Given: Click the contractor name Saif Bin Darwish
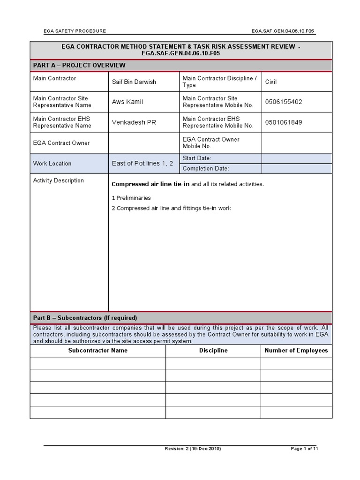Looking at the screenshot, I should tap(134, 82).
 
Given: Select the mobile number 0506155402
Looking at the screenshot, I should tap(284, 102).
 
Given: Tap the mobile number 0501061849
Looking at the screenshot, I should tap(284, 122).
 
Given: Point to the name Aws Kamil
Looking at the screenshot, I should tap(127, 102).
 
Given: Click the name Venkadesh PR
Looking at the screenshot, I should tap(134, 122).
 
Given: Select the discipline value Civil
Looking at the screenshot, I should tap(271, 82).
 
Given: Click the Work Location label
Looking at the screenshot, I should tap(52, 164).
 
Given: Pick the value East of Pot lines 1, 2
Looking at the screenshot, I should tap(142, 164).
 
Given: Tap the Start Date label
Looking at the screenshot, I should tap(197, 158).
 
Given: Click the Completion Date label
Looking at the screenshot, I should tap(206, 169).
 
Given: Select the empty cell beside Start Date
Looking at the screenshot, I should tap(296, 158).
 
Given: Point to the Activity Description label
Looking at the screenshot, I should tap(59, 180).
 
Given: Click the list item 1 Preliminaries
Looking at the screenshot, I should tap(131, 198).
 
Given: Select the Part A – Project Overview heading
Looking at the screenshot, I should tap(79, 65).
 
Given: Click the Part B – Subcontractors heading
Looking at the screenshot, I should tap(85, 318).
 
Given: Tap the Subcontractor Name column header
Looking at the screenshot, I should tap(97, 351).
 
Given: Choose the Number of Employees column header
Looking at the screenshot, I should tap(296, 351).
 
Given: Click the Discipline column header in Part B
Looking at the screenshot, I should tap(213, 351).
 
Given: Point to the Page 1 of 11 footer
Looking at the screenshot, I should tap(304, 449).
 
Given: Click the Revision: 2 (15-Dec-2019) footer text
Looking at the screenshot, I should tap(193, 449).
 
